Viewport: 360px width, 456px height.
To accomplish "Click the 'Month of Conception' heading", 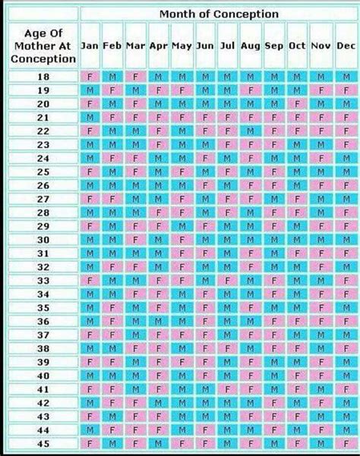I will click(219, 14).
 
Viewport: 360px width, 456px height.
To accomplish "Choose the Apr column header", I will click(158, 46).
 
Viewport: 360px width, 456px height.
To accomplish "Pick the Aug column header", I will click(251, 46).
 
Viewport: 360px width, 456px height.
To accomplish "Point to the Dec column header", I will click(346, 46).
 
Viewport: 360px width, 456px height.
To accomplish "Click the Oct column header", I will click(297, 46).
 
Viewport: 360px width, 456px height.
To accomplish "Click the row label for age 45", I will click(43, 443).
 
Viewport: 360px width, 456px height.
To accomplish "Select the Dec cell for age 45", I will click(346, 443).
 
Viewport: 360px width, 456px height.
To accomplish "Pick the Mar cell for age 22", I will click(135, 131).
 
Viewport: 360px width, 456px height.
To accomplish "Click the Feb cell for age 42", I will click(113, 403).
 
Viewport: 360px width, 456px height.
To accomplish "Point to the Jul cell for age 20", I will click(227, 104).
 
